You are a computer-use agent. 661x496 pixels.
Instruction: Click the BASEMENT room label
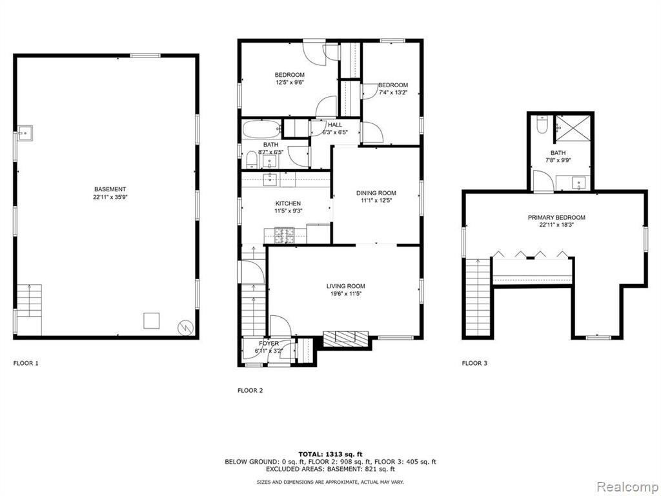[x=110, y=189]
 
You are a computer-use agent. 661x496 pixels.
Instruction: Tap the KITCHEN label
[x=288, y=203]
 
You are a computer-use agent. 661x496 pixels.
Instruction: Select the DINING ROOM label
[x=376, y=193]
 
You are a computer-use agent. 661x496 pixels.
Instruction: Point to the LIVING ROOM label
[x=346, y=286]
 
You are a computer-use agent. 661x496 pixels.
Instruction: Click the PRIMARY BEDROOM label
[x=556, y=218]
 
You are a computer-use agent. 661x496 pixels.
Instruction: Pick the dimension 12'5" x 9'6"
[x=290, y=83]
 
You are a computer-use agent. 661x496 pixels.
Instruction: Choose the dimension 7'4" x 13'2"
[x=393, y=92]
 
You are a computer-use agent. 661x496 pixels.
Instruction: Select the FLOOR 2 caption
[x=250, y=391]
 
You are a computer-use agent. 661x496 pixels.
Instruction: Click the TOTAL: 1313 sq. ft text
[x=330, y=454]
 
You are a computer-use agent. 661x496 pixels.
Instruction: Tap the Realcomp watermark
[x=627, y=487]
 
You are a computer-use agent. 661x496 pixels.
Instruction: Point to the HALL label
[x=335, y=125]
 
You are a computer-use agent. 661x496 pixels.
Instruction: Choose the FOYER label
[x=269, y=344]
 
